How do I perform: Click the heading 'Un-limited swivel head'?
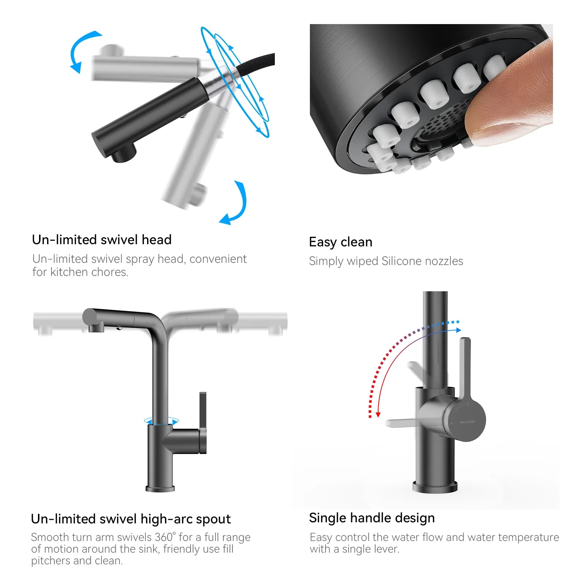(x=101, y=240)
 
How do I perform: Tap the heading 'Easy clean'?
(x=341, y=242)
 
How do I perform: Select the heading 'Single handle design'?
(x=372, y=518)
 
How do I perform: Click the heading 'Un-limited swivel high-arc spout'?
(x=131, y=519)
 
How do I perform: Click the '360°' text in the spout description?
(x=165, y=537)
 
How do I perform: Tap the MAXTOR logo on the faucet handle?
(x=467, y=422)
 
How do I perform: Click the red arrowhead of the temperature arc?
(x=378, y=414)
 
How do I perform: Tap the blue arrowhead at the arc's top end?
(x=458, y=330)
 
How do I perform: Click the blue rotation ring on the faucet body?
(x=161, y=421)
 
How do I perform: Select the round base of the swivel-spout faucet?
(x=160, y=488)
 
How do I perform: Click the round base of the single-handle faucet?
(x=435, y=487)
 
